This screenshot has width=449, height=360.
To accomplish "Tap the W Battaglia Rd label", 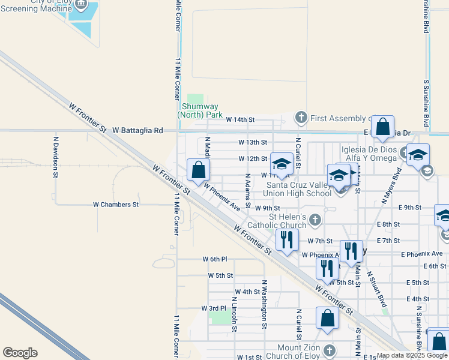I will click(x=137, y=130).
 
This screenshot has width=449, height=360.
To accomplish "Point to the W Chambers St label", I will click(x=116, y=205).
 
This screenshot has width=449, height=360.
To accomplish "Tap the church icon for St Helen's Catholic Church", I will click(x=315, y=221).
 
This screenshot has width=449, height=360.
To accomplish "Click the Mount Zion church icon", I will click(x=328, y=350).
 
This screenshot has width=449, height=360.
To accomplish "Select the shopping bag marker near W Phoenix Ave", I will click(x=199, y=170).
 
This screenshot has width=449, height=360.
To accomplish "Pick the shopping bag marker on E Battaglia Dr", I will click(x=382, y=128).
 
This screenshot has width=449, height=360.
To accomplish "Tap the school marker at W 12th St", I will click(x=282, y=164).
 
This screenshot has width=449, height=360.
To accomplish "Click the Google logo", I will click(x=20, y=353).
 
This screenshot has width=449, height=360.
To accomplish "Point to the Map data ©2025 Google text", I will click(x=412, y=355).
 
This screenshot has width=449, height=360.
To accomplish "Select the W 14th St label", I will click(x=240, y=120).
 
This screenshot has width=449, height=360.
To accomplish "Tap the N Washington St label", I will click(x=264, y=304).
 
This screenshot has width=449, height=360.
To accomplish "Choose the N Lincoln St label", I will click(x=234, y=313).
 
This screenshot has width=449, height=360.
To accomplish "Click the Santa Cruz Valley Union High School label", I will click(x=299, y=189).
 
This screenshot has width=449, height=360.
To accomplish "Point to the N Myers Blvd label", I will click(x=392, y=185).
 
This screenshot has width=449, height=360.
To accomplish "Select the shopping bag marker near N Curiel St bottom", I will click(x=328, y=319).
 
